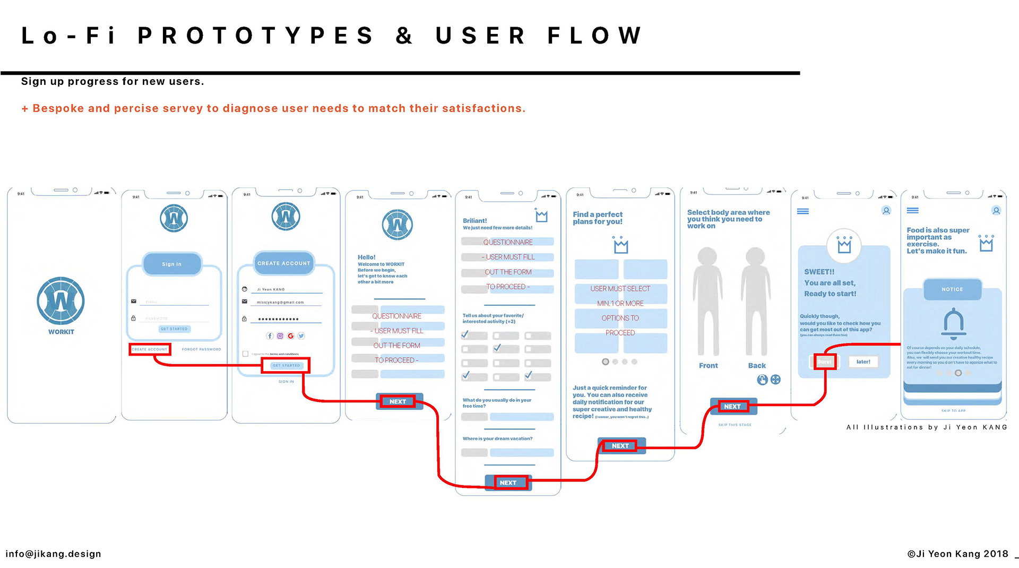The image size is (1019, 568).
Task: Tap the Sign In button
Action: tap(172, 264)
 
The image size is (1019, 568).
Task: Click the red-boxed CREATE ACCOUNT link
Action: tap(150, 349)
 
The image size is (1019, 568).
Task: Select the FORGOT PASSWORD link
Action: tap(202, 349)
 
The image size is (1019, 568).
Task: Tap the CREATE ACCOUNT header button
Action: tap(284, 263)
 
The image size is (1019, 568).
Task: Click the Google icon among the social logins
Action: tap(290, 336)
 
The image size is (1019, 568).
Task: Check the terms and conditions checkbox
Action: tap(245, 354)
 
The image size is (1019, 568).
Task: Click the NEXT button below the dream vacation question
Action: tap(508, 483)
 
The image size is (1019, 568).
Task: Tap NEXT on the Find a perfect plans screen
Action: tap(620, 446)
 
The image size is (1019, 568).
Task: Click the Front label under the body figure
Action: tap(708, 366)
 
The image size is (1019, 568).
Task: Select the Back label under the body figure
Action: tap(757, 366)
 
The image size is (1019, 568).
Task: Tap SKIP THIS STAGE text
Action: tap(735, 425)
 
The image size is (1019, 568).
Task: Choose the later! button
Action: tap(863, 362)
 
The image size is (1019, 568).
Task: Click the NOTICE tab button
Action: tap(952, 289)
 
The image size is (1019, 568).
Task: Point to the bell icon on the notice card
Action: tap(953, 323)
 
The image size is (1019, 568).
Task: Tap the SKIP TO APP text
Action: tap(953, 411)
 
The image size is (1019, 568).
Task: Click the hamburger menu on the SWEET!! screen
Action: tap(803, 211)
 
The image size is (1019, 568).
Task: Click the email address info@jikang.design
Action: tap(53, 554)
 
